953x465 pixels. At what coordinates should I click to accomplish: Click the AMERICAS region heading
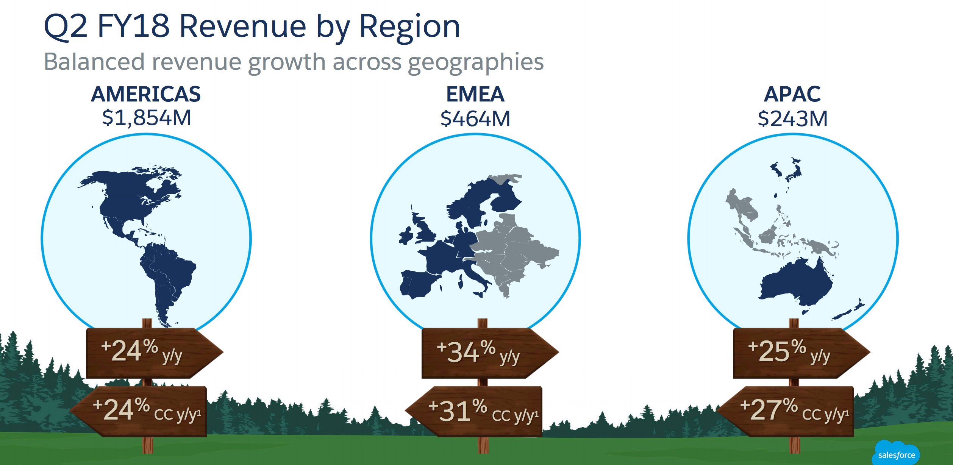[x=146, y=94]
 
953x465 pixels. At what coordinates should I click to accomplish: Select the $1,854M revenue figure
[x=147, y=118]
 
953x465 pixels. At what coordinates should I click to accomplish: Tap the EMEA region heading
[x=475, y=94]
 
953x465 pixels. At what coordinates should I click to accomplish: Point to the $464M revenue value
[x=475, y=119]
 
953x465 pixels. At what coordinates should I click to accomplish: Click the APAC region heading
[x=792, y=94]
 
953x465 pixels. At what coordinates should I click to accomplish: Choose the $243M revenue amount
[x=792, y=119]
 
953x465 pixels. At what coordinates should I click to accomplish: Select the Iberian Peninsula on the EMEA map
[x=417, y=284]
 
